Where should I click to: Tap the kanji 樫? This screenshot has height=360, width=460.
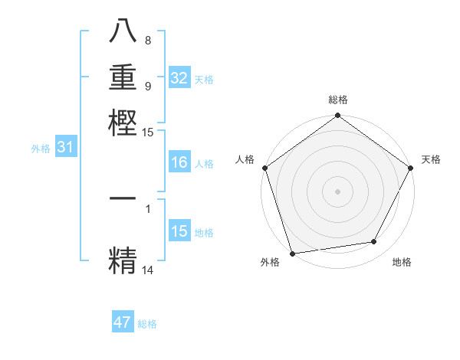(x=123, y=122)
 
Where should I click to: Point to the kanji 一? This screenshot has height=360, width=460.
(x=123, y=198)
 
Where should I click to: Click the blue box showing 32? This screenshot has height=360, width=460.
(x=179, y=78)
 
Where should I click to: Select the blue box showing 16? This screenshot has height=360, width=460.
(x=179, y=162)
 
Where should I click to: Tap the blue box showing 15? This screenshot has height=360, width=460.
(x=179, y=231)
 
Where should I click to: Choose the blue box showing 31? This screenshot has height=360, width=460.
(x=65, y=148)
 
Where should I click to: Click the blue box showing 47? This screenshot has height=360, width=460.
(x=123, y=322)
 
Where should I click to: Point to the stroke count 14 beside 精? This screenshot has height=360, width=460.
(x=148, y=270)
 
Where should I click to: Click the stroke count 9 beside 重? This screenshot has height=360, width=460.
(x=148, y=86)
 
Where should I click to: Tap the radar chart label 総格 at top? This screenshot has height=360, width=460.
(x=338, y=100)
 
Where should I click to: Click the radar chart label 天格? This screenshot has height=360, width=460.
(x=431, y=159)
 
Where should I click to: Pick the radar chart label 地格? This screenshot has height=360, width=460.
(x=402, y=263)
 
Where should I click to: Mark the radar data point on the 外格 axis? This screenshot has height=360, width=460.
(x=292, y=254)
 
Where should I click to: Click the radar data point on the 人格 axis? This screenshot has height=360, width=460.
(x=264, y=168)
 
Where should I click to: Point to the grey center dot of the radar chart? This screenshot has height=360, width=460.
(x=338, y=191)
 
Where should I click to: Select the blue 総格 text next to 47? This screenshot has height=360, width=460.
(x=147, y=324)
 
